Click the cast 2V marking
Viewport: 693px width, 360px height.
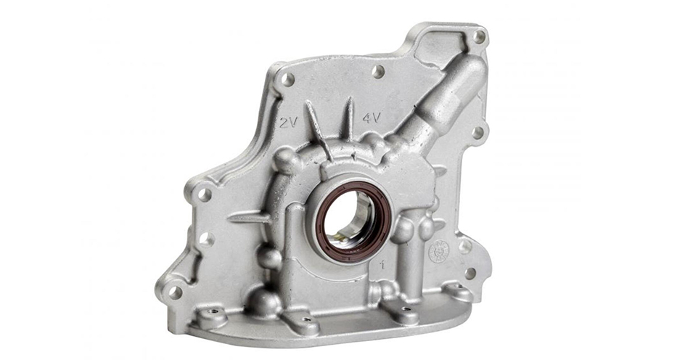(x=288, y=123)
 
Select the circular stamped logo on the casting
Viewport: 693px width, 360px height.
(x=438, y=251)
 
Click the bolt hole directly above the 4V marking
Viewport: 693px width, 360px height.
(x=377, y=71)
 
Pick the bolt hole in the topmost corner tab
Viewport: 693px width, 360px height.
(x=478, y=36)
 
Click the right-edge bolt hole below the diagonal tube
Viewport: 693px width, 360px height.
(x=477, y=132)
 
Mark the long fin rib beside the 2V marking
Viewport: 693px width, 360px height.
(x=318, y=130)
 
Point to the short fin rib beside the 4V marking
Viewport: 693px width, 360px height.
(x=348, y=120)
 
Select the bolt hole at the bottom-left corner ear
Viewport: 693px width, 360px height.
(x=174, y=292)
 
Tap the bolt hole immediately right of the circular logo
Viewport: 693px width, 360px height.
(x=464, y=247)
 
